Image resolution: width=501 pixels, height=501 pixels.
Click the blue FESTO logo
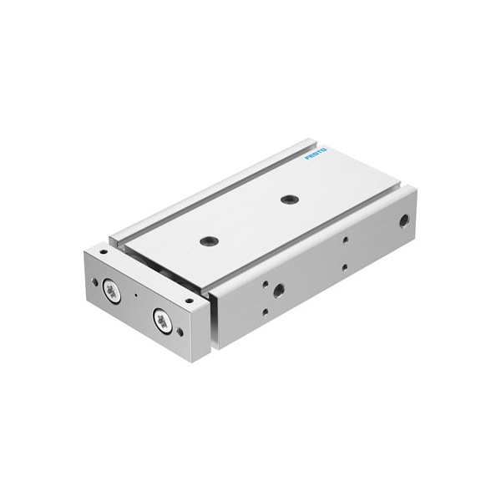(316, 154)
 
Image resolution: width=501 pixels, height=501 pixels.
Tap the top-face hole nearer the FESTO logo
(290, 200)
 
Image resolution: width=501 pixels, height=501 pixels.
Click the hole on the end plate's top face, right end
(190, 299)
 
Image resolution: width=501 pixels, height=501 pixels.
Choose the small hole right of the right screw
(180, 332)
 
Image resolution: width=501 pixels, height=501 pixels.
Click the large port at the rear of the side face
(404, 222)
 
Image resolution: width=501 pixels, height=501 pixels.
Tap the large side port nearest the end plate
(278, 291)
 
